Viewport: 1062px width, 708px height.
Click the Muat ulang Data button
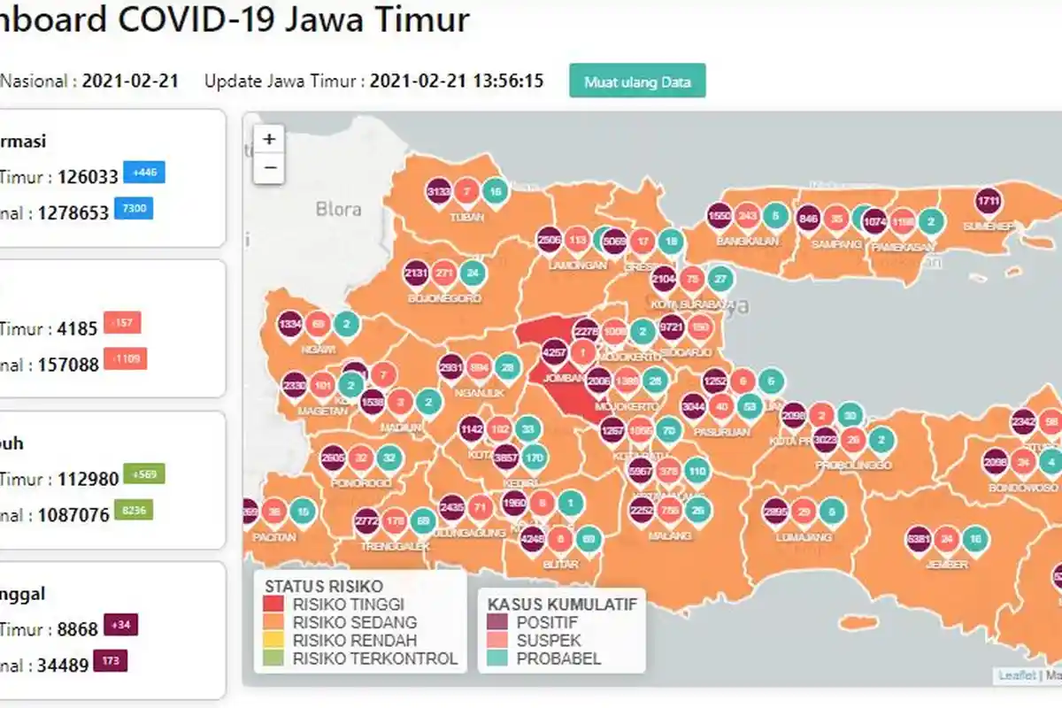(x=637, y=81)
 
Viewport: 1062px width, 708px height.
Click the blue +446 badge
(x=144, y=173)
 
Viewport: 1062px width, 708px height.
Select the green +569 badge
(x=144, y=474)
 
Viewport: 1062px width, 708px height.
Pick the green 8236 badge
(x=139, y=510)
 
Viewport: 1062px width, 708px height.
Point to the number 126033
(x=88, y=177)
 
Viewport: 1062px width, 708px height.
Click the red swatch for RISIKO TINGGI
(x=275, y=604)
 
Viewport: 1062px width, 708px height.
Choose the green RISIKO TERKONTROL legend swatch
(x=275, y=658)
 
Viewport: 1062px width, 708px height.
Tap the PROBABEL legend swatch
(x=499, y=658)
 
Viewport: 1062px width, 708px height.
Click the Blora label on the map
(x=339, y=210)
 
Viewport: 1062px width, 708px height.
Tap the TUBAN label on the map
(x=466, y=217)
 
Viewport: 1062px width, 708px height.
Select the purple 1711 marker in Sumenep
(x=989, y=202)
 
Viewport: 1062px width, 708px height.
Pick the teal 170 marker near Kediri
(x=534, y=458)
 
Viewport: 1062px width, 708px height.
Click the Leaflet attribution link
(x=1017, y=675)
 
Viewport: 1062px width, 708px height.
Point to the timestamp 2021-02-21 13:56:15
(x=456, y=81)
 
